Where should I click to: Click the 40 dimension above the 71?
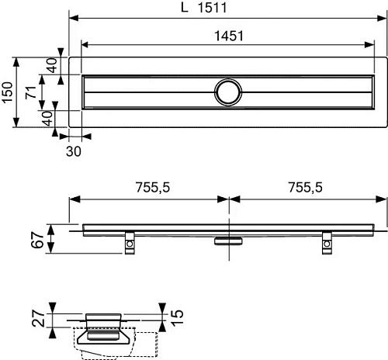pos(51,65)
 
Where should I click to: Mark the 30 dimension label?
pos(74,151)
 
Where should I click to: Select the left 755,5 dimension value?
pos(149,187)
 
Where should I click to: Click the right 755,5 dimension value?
pos(306,187)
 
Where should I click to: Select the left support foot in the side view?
pos(128,244)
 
